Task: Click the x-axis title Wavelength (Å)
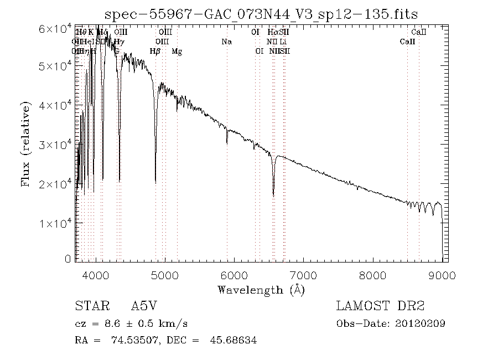click(261, 290)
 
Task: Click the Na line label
click(226, 42)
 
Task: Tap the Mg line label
click(177, 52)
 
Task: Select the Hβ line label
click(155, 52)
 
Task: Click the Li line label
click(283, 42)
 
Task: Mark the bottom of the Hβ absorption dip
click(155, 182)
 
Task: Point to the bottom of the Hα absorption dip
click(273, 195)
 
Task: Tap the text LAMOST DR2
click(381, 306)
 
